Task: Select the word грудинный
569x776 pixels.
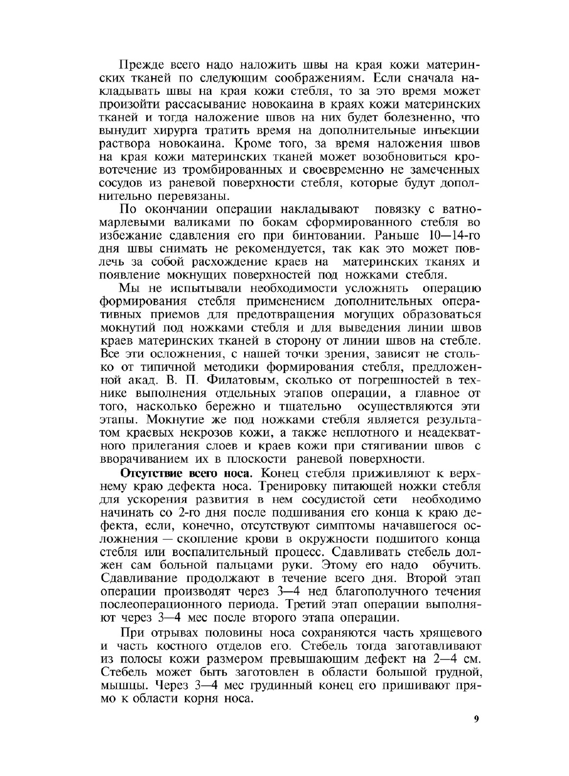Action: coord(283,684)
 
